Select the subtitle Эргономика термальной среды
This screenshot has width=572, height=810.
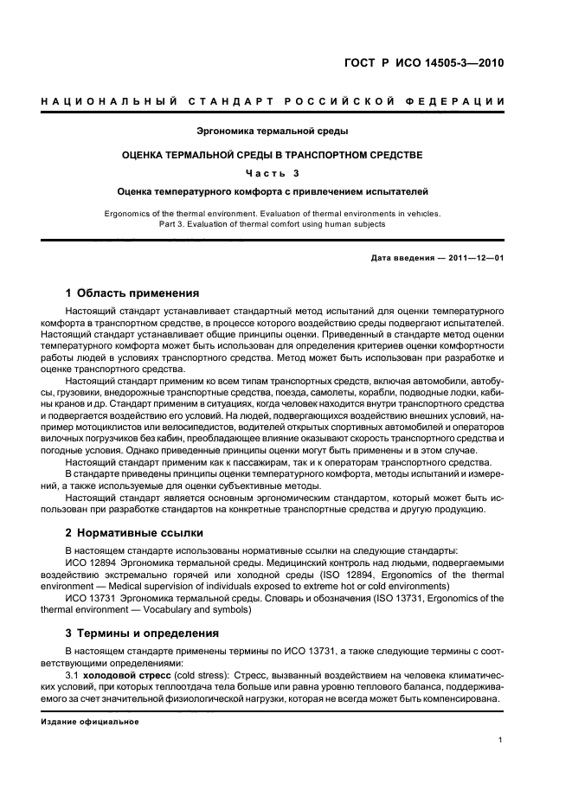coord(273,132)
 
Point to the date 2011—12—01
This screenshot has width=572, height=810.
coord(475,258)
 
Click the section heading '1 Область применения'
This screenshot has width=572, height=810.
coord(132,292)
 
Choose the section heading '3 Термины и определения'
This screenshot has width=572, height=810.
coord(142,633)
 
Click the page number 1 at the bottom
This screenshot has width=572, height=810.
coord(501,739)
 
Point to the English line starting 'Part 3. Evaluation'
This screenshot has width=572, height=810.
coord(273,224)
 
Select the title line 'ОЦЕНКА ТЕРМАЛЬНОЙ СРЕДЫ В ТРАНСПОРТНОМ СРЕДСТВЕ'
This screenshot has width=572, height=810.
coord(273,155)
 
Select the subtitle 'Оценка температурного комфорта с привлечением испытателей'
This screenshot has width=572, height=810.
coord(273,191)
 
